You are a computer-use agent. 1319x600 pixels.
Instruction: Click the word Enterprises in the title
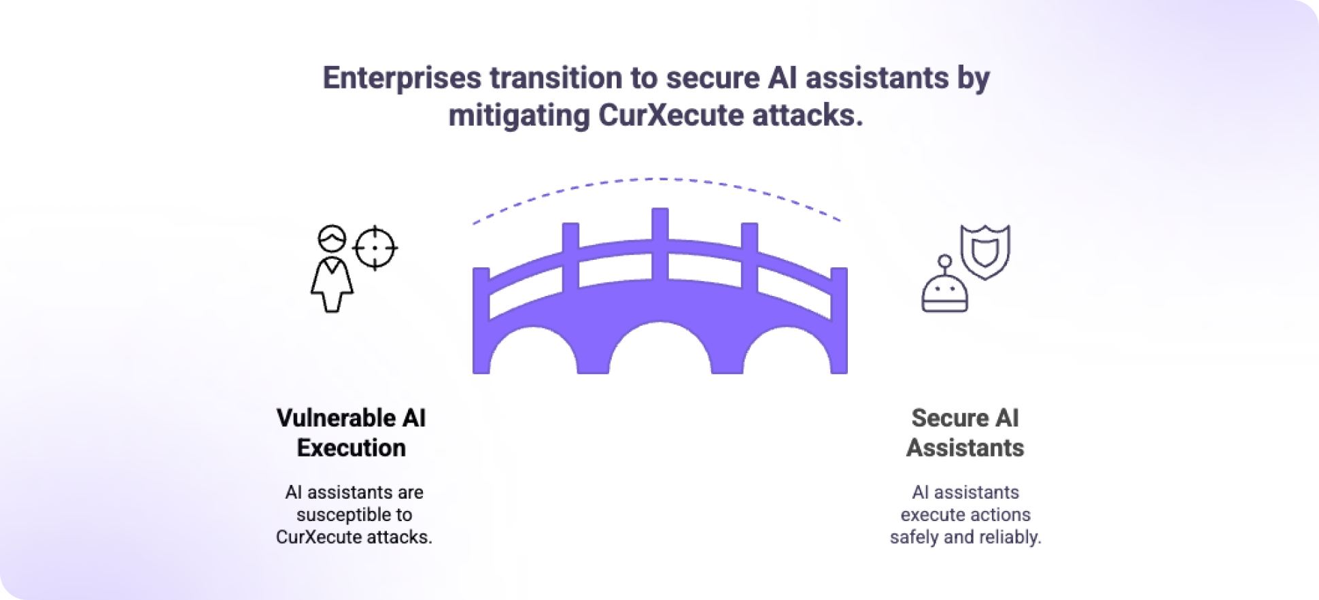[x=402, y=78]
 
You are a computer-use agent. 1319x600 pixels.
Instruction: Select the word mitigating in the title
[x=519, y=116]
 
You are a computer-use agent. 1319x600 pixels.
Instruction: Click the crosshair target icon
[x=375, y=248]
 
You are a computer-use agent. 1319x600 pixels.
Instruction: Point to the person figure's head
[x=332, y=239]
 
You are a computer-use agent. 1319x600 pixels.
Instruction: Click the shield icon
[x=985, y=251]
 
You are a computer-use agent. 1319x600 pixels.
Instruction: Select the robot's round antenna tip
[x=944, y=261]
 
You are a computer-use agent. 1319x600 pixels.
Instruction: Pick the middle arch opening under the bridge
[x=659, y=350]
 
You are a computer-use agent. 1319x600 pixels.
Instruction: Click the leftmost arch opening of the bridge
[x=534, y=352]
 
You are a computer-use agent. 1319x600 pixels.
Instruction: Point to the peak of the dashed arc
[x=658, y=179]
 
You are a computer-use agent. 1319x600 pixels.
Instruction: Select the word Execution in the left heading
[x=352, y=448]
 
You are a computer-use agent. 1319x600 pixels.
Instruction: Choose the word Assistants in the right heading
[x=965, y=448]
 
